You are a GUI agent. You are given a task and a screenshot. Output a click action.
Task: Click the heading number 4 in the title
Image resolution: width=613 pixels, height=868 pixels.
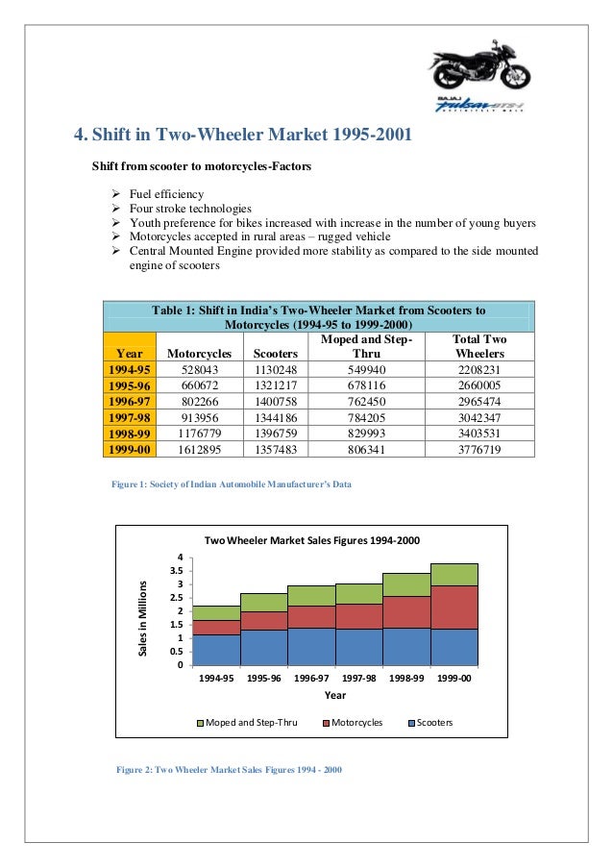coord(81,134)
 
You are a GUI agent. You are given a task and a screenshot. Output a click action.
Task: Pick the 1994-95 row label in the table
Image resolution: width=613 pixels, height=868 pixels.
coord(129,370)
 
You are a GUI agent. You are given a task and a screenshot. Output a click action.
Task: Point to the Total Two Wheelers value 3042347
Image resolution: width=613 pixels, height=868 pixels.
coord(479,417)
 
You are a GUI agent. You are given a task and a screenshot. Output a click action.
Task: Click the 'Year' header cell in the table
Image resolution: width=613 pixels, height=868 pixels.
coord(129,355)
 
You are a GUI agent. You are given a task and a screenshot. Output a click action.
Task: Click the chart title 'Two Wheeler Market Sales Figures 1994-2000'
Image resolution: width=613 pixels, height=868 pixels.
coord(312,540)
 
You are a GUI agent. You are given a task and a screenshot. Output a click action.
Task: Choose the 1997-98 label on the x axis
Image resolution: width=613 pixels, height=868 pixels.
coord(358,678)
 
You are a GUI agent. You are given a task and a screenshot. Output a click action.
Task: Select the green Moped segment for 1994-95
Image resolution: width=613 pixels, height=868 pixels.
coord(216,612)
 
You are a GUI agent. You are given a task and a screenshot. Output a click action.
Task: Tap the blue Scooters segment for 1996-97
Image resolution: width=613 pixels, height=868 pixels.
coord(311,646)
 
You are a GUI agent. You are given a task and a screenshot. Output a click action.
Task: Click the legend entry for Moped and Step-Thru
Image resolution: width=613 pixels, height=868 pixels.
coord(247,722)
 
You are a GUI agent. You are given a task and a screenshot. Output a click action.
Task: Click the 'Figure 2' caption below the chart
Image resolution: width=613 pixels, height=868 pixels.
coord(229,770)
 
